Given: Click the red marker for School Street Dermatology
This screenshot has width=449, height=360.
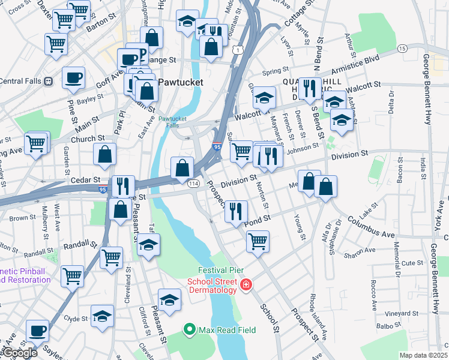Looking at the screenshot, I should pos(245,285).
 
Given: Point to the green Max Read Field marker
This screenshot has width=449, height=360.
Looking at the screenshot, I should pos(190,329).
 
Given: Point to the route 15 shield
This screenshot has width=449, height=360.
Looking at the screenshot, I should pos(402,48).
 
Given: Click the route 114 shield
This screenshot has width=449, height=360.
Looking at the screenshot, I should pos(193,183).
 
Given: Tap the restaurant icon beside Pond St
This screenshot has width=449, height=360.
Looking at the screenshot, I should pos(236,211).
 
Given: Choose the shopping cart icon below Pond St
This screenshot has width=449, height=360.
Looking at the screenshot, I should pos(258,241).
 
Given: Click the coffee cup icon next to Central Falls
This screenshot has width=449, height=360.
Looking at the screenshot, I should pos(73,77).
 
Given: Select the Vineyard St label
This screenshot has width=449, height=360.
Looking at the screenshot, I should pos(401,314).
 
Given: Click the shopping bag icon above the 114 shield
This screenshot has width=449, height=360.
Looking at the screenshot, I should pos(182,169).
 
